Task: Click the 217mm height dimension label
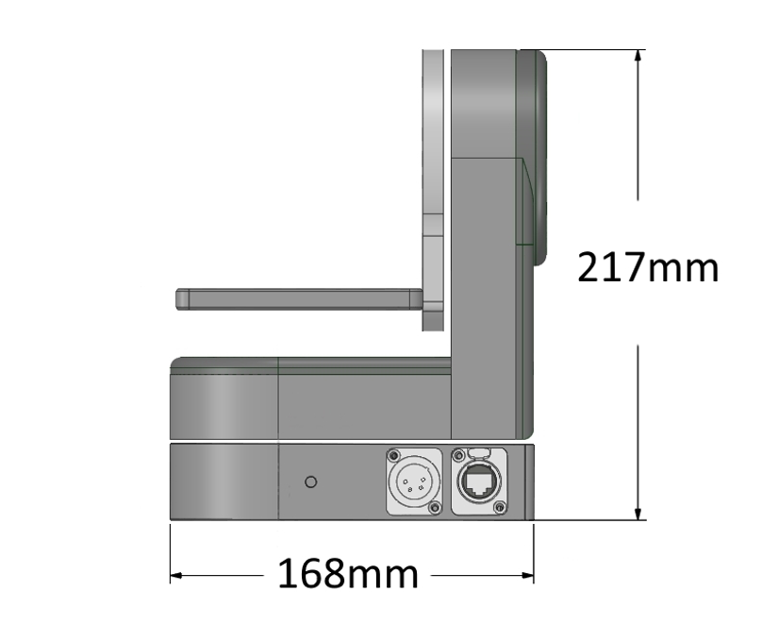tap(648, 269)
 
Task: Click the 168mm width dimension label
tap(347, 573)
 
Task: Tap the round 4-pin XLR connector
tap(410, 481)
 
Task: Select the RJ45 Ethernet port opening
tap(478, 484)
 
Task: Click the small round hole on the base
tap(311, 481)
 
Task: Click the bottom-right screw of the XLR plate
tap(434, 509)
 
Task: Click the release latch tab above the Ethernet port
tap(479, 452)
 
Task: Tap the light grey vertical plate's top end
tap(431, 55)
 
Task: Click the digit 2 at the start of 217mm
tap(588, 269)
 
